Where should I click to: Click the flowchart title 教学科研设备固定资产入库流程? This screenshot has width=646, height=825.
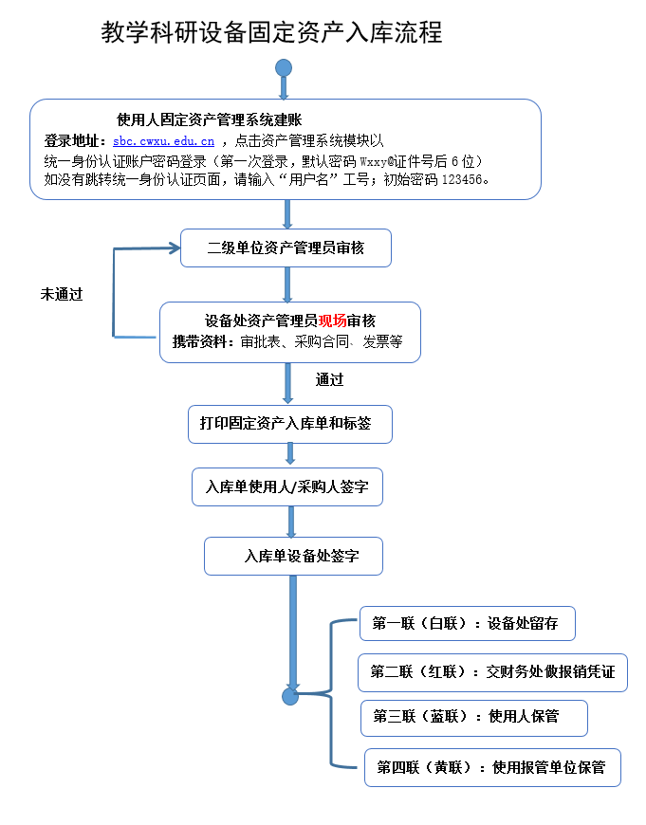(272, 33)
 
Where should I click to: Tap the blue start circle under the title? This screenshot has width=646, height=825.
(283, 68)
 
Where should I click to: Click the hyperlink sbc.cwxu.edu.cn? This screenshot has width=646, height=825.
(163, 140)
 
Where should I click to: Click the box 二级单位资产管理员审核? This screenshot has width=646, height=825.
(286, 248)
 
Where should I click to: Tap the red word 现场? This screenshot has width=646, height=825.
(332, 321)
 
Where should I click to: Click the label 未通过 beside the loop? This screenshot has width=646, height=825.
(61, 294)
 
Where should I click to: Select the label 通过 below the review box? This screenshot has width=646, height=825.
(329, 379)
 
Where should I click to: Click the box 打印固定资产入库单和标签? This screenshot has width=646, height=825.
(289, 424)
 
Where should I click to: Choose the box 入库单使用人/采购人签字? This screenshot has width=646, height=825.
(287, 487)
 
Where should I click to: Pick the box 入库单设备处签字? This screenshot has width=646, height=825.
(294, 557)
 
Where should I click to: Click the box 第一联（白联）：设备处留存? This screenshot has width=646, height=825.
(467, 623)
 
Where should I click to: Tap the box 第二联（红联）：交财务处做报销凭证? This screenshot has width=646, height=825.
(492, 672)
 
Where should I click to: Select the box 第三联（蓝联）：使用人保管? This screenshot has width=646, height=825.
(473, 717)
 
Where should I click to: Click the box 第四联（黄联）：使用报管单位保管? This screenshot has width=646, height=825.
(492, 767)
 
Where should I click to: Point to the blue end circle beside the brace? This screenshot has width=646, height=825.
(290, 697)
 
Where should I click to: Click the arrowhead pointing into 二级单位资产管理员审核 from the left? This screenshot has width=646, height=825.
(173, 248)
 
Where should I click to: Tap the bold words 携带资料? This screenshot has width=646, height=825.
(202, 342)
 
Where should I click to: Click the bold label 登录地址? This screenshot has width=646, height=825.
(75, 140)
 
